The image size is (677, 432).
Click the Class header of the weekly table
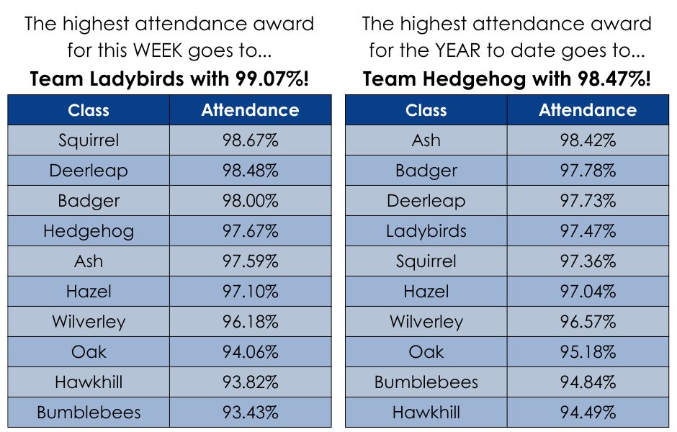click(89, 110)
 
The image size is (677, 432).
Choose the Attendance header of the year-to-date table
click(588, 110)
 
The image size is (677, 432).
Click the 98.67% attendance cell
click(250, 140)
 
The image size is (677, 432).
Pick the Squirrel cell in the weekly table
click(89, 140)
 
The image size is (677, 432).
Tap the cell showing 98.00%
click(250, 201)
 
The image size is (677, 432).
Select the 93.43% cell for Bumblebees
click(250, 413)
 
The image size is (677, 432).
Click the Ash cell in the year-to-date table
click(426, 140)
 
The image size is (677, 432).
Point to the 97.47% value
click(588, 231)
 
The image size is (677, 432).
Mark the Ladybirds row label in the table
click(426, 231)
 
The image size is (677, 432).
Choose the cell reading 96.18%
click(250, 322)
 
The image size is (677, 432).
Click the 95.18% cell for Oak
click(588, 352)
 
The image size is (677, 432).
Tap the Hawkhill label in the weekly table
click(89, 382)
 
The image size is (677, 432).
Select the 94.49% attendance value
click(588, 413)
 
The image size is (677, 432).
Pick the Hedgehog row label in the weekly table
click(89, 231)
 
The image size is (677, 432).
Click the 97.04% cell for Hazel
click(588, 292)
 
